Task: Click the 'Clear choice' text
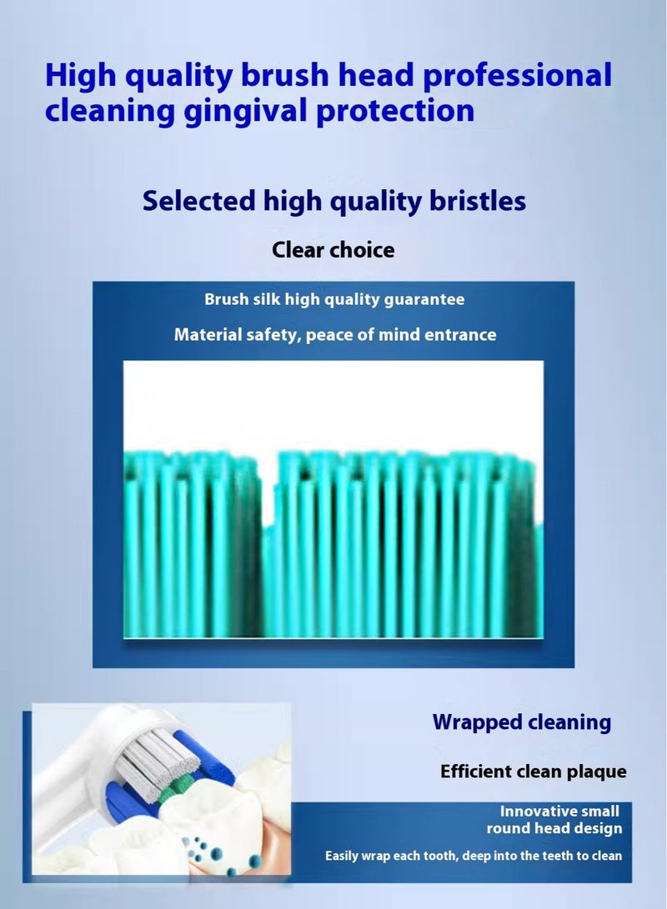(x=333, y=249)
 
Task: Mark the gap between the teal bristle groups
(x=268, y=492)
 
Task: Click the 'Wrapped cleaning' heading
(x=521, y=722)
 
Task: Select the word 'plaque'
(x=594, y=772)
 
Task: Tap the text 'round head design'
(x=554, y=828)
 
